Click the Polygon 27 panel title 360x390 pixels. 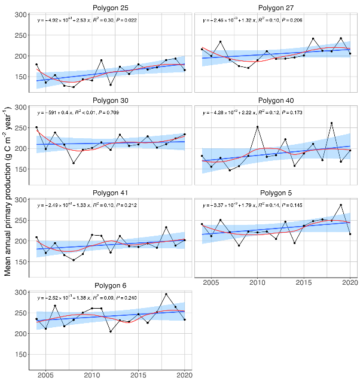tap(276, 7)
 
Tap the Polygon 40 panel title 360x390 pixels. tap(276, 100)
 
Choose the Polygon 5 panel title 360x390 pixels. tap(276, 193)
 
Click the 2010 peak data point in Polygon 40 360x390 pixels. tap(258, 127)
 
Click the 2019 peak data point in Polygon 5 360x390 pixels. tap(341, 205)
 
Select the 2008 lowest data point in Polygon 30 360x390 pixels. tap(74, 163)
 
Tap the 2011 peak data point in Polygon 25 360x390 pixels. tap(101, 60)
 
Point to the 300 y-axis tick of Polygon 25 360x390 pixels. tap(20, 14)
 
